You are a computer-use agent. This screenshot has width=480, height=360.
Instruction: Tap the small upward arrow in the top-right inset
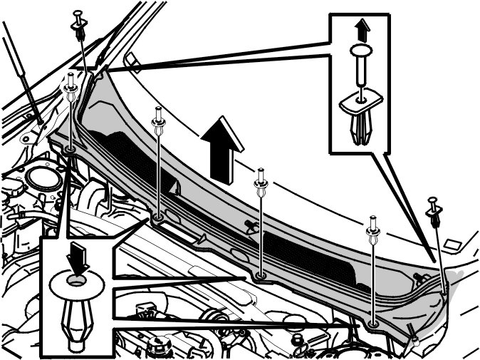pos(362,29)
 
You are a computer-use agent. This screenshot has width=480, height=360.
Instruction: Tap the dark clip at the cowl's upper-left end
pos(78,28)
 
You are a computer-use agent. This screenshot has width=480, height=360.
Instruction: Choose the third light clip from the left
pos(262,182)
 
